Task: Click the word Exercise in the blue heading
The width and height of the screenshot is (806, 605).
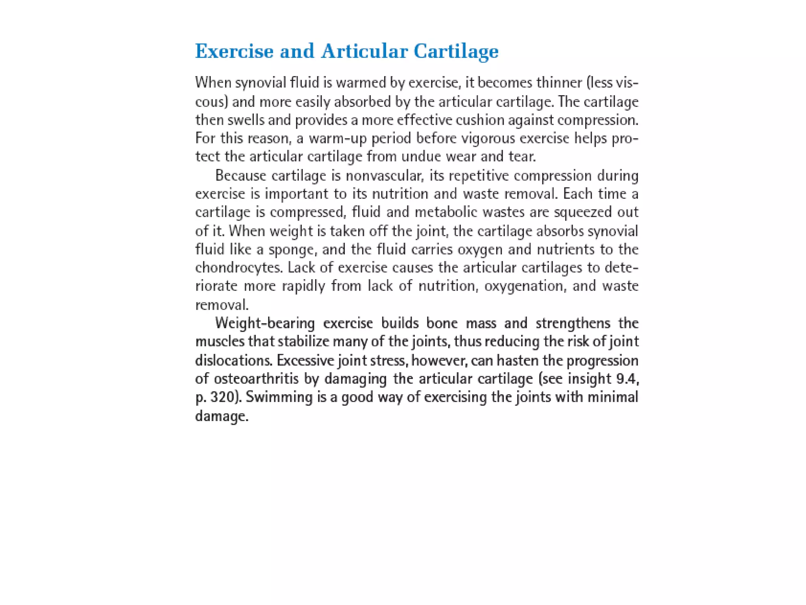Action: click(234, 51)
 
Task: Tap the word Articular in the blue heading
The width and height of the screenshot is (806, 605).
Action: click(364, 51)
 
